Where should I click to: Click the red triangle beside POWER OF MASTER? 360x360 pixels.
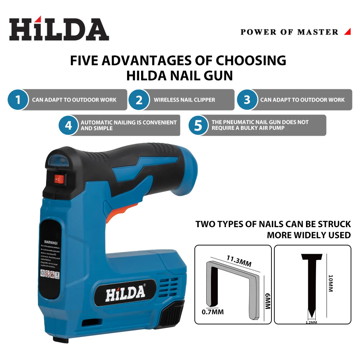(347, 32)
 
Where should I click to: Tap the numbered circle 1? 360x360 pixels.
(17, 100)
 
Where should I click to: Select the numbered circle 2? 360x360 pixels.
(139, 100)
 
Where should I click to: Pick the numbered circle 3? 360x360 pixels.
(247, 100)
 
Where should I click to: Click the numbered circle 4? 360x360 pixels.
(68, 125)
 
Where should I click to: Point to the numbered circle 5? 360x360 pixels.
(198, 125)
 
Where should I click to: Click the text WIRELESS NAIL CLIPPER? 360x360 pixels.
(184, 100)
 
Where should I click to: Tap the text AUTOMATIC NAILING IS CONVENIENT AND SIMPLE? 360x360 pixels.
(129, 125)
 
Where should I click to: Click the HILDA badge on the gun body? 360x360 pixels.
(125, 293)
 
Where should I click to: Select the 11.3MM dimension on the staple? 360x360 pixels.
(239, 261)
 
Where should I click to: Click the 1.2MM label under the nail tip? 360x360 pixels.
(311, 322)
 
